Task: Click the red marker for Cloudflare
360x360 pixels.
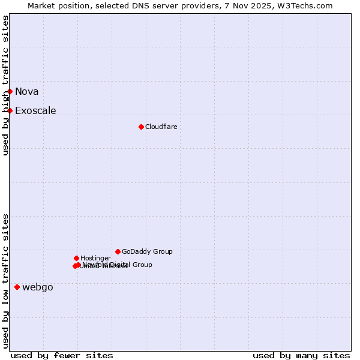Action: coord(141,127)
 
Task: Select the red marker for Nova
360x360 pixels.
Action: coord(10,91)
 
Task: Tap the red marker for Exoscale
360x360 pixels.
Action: coord(10,110)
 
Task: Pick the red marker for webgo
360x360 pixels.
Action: coord(17,287)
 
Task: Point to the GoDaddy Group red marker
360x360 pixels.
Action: coord(118,251)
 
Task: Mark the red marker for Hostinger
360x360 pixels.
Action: coord(76,258)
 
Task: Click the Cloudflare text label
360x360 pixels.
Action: coord(161,127)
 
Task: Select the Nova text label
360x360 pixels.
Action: coord(27,91)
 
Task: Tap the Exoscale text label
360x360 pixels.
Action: coord(35,110)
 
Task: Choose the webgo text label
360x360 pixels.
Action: coord(38,287)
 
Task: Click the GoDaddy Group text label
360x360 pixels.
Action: coord(147,251)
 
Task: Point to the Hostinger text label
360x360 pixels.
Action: coord(95,258)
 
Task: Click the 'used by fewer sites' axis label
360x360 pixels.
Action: coord(62,355)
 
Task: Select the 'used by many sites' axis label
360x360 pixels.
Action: coord(301,355)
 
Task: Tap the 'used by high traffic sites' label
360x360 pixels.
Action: coord(5,85)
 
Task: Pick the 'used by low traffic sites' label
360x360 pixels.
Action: coord(5,281)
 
